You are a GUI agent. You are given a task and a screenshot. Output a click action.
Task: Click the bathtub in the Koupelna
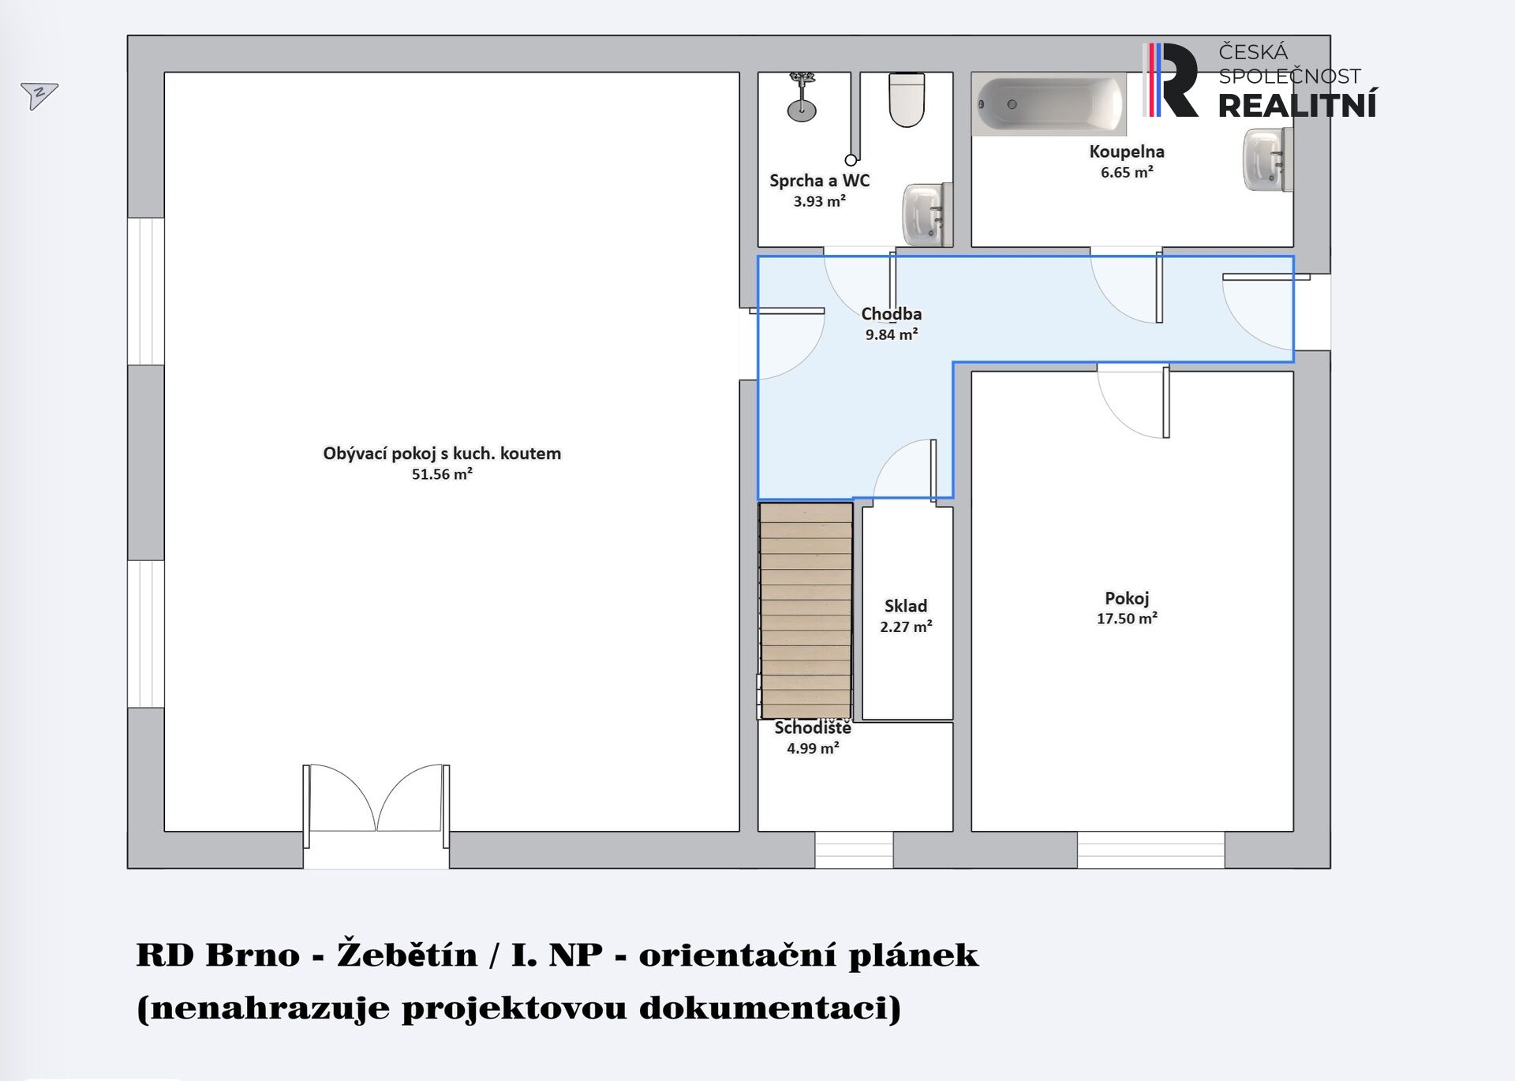(x=1049, y=103)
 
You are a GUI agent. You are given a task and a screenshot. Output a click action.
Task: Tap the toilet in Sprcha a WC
(x=907, y=99)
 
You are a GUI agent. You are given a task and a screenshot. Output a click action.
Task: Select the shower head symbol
(x=802, y=97)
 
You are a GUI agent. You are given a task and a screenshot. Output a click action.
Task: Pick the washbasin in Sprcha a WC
(x=928, y=215)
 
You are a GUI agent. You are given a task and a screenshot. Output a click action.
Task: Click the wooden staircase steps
(x=806, y=611)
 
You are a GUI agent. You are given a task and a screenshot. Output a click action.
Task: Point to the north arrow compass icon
(x=39, y=95)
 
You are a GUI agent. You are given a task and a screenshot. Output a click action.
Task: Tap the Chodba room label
(x=891, y=314)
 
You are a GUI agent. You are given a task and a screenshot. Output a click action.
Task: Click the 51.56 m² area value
(x=442, y=474)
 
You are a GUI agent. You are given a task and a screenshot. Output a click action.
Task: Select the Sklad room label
(x=906, y=606)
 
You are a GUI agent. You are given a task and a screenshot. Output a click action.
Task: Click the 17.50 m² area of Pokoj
(x=1127, y=619)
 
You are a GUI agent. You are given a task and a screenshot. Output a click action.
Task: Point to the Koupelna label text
(x=1127, y=151)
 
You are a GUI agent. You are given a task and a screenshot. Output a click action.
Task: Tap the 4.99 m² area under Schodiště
(x=813, y=748)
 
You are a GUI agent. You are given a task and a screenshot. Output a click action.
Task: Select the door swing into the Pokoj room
(x=1133, y=402)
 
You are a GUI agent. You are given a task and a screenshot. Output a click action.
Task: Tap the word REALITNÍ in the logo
(x=1298, y=104)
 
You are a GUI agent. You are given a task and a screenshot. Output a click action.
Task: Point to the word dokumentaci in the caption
(x=769, y=1008)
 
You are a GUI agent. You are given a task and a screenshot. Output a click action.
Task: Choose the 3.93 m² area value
(x=820, y=201)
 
